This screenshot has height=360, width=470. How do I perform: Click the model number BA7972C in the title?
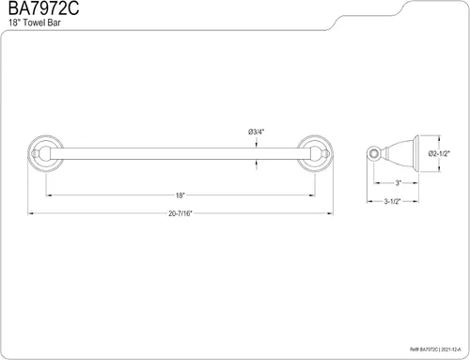pos(43,8)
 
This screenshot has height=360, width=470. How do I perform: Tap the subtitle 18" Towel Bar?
pos(35,23)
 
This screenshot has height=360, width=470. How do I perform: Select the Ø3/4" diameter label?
pos(257,132)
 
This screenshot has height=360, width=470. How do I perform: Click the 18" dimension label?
pos(180,196)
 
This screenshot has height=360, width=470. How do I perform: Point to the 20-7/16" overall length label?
pos(180,213)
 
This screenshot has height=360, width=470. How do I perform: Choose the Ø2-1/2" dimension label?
pos(439,153)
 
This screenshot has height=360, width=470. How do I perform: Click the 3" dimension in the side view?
pos(398,183)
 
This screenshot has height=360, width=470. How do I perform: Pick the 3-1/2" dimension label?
pos(393,201)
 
